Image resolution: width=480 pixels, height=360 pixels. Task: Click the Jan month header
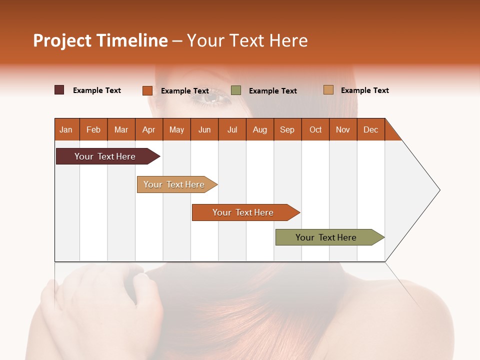click(66, 129)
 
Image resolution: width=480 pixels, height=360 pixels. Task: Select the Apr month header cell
click(149, 129)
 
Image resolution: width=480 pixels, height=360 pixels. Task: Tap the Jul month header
click(232, 129)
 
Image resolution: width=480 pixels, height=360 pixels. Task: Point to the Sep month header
click(287, 129)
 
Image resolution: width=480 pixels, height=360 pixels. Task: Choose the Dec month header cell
click(370, 129)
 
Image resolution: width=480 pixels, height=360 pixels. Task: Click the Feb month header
click(93, 129)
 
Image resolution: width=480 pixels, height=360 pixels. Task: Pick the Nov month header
click(343, 129)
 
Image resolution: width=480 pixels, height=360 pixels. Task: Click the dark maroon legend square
click(59, 90)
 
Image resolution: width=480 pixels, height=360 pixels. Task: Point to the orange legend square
click(147, 90)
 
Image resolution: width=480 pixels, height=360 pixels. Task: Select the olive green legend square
click(236, 90)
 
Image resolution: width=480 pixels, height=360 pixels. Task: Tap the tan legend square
click(328, 90)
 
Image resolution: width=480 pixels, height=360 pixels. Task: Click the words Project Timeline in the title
click(100, 40)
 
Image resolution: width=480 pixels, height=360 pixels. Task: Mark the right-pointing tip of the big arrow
click(439, 190)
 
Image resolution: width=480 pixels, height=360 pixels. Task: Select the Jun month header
click(204, 129)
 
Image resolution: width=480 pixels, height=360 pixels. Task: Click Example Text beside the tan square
click(364, 90)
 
